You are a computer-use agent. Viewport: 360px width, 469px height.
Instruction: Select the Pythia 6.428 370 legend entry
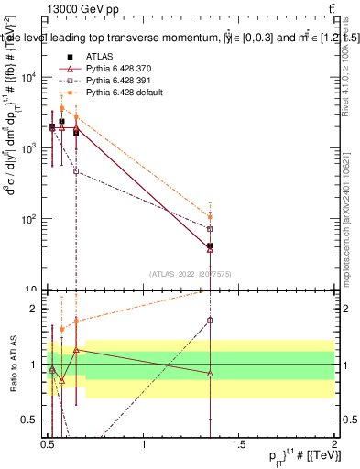tap(117, 69)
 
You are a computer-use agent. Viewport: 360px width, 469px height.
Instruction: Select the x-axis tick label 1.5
tap(239, 442)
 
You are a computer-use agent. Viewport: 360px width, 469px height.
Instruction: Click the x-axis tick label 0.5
tap(48, 442)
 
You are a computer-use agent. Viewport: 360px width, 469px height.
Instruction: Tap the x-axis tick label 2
tap(334, 442)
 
